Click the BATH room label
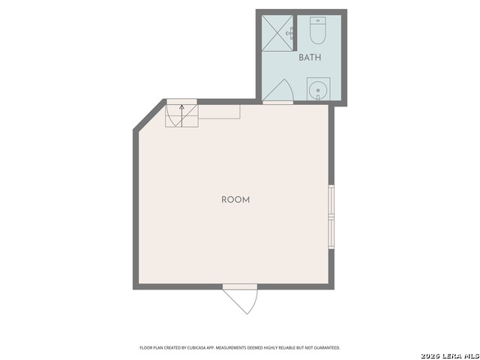(x=310, y=58)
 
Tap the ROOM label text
(x=235, y=200)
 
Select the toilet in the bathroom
(x=318, y=30)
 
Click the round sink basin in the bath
(x=318, y=90)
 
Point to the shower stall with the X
(x=277, y=33)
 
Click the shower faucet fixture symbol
(x=290, y=33)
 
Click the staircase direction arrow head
(x=181, y=106)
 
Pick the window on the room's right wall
(x=331, y=217)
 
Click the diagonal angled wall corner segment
(x=149, y=115)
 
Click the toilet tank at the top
(x=318, y=20)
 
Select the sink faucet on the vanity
(x=318, y=97)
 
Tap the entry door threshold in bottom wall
(x=240, y=286)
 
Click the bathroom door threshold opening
(x=278, y=103)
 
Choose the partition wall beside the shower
(x=295, y=33)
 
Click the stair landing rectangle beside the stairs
(x=219, y=112)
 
